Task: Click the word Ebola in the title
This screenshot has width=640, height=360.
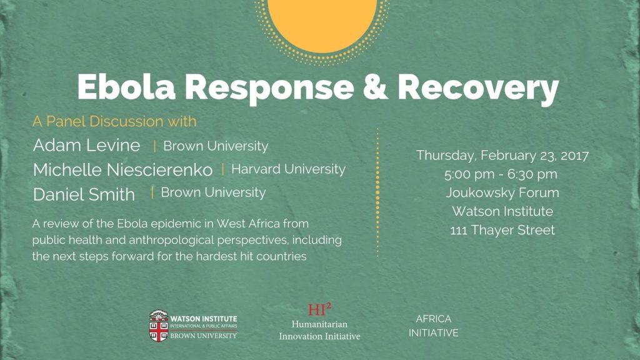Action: (x=126, y=87)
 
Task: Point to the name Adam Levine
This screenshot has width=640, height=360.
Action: (x=86, y=145)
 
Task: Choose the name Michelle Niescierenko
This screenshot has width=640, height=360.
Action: (x=122, y=170)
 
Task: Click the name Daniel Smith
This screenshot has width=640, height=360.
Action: (x=84, y=194)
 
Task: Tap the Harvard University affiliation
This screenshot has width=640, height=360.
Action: (x=288, y=169)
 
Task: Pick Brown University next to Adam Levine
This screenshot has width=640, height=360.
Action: (x=216, y=146)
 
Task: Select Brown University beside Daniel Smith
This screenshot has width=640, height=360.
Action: (x=213, y=192)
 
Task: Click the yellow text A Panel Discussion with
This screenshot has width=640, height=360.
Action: (x=114, y=121)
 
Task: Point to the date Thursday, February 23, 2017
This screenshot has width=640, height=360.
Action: (x=502, y=156)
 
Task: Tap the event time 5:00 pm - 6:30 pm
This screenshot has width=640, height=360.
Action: (x=501, y=174)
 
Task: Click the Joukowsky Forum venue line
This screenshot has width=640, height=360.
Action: (x=502, y=192)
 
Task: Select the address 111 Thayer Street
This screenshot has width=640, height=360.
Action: (x=502, y=230)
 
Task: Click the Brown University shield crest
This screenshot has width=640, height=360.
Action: (x=159, y=326)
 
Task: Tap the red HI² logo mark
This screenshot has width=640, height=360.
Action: (x=319, y=309)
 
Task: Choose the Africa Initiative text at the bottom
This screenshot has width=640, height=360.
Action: (x=434, y=326)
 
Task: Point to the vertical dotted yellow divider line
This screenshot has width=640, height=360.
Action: (x=377, y=192)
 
